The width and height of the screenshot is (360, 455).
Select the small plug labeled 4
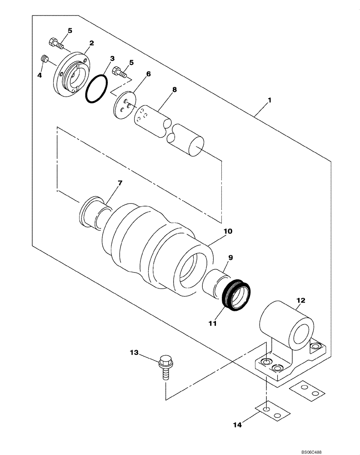[45, 59]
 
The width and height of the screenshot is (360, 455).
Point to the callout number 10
[227, 231]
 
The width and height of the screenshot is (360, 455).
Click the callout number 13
[134, 353]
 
